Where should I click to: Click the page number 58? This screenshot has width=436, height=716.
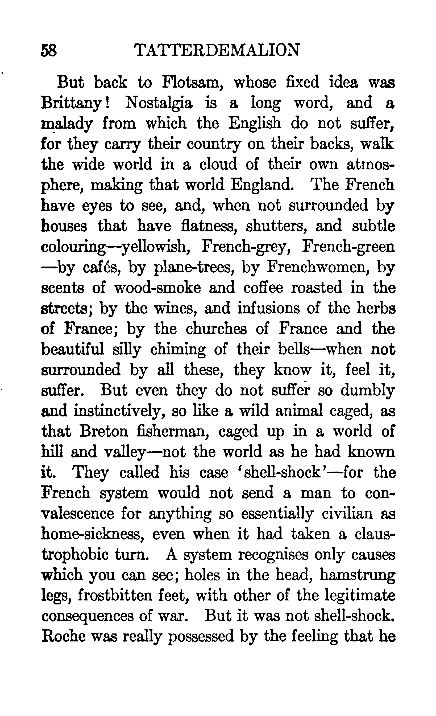(x=49, y=50)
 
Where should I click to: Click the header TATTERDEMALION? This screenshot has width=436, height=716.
(x=217, y=50)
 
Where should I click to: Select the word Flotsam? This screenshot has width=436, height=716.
(x=192, y=83)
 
